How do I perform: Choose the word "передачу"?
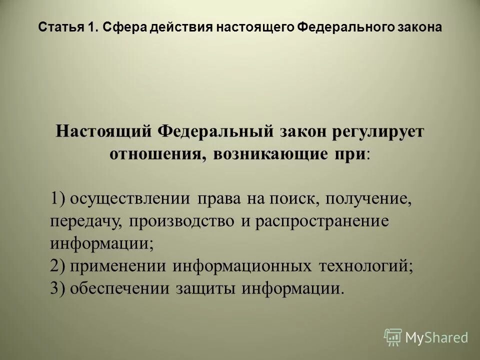85,222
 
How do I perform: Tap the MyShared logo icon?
393,337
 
